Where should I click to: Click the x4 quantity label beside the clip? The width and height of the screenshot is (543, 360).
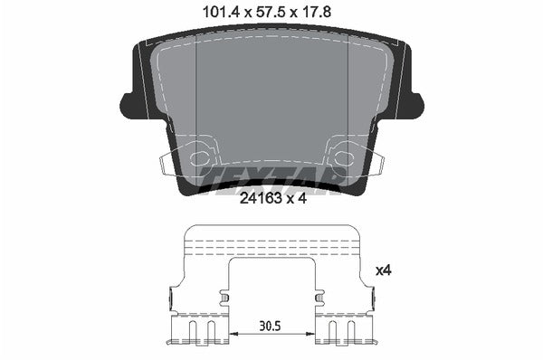pos(383,270)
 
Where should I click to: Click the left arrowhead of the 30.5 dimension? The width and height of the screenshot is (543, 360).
pos(233,335)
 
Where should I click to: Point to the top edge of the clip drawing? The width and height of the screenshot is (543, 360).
pos(271,226)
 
